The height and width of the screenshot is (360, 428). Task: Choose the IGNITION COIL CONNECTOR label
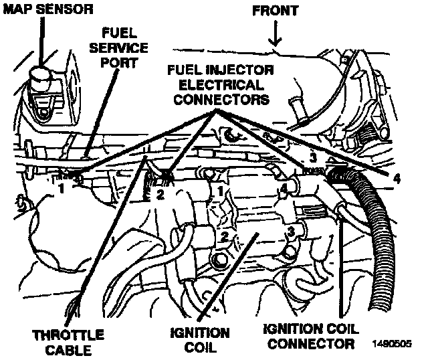click(309, 336)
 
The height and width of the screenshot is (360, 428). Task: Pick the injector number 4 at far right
click(397, 179)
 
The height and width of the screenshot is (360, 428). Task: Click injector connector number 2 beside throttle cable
click(160, 195)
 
